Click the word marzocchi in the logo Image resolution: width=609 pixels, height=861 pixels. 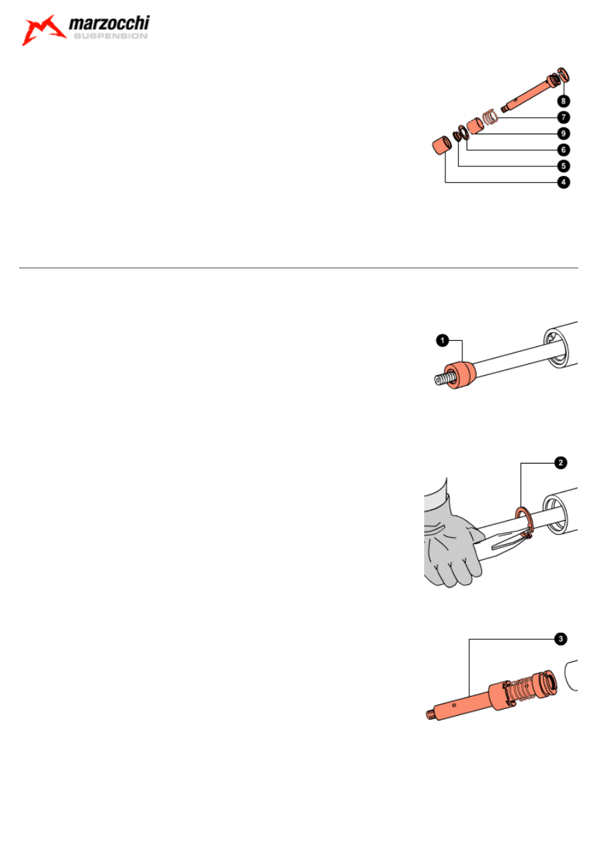coord(109,23)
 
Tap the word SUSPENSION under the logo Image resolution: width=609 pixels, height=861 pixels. coord(110,36)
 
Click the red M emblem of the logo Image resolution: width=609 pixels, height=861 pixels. coord(43,30)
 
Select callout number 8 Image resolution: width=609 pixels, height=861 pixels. coord(563,101)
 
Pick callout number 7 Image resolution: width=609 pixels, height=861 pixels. coord(563,117)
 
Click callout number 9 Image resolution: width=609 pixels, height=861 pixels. coord(563,134)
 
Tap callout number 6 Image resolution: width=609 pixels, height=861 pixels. coord(563,150)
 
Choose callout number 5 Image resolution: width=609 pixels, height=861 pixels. coord(563,166)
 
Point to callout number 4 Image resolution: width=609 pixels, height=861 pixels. coord(563,182)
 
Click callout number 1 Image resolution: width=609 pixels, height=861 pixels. coord(443,340)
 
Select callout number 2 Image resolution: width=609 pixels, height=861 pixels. coord(561,463)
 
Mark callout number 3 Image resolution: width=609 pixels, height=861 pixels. coord(561,639)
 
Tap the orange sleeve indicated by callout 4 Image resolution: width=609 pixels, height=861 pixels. coord(442,145)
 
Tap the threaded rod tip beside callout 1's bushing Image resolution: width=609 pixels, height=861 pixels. coord(443,380)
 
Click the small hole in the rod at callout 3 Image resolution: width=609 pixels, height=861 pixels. coord(454,706)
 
